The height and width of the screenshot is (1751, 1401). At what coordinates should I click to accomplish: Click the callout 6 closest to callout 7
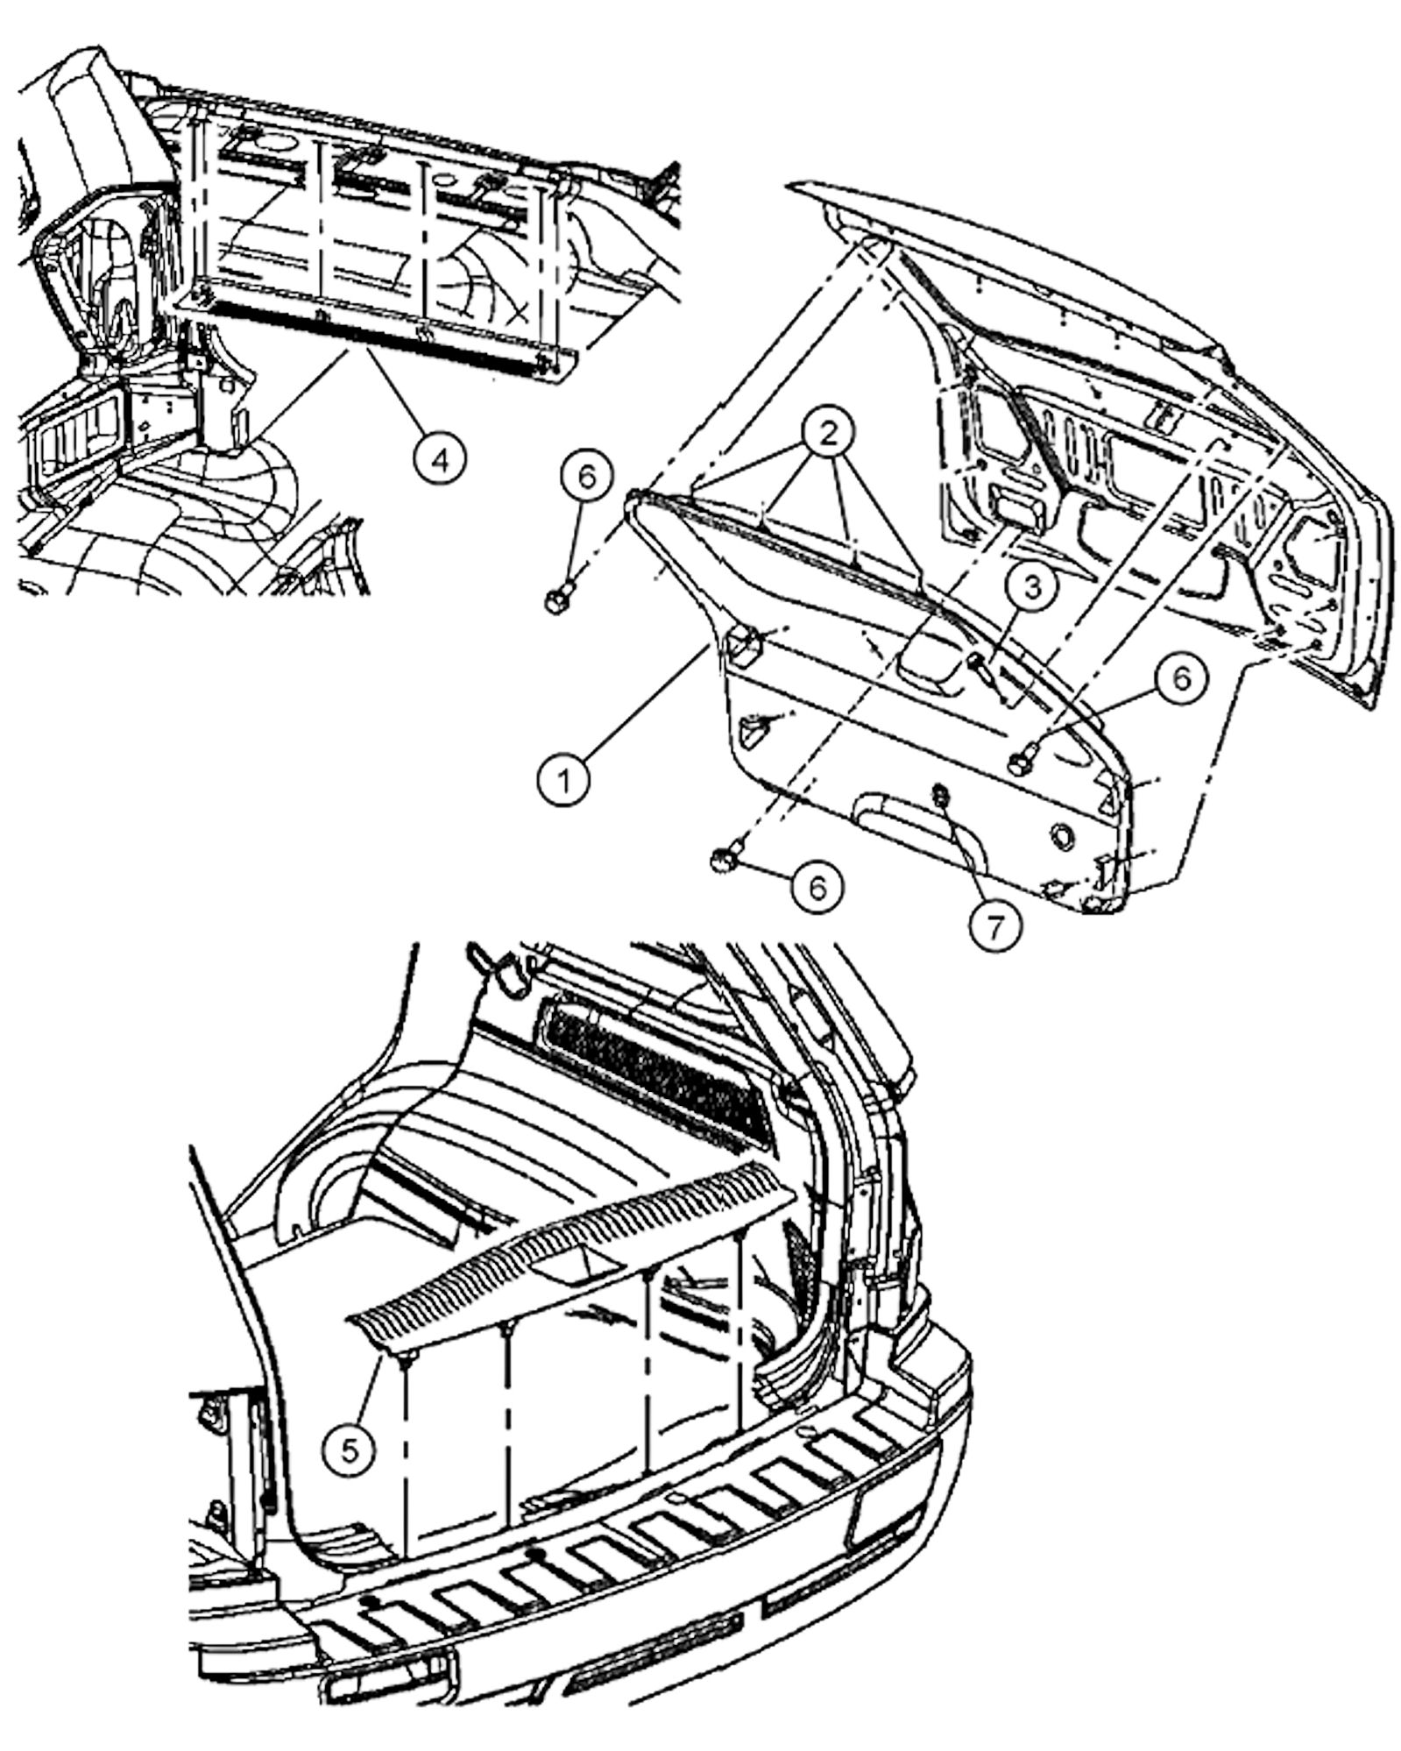coord(817,887)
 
